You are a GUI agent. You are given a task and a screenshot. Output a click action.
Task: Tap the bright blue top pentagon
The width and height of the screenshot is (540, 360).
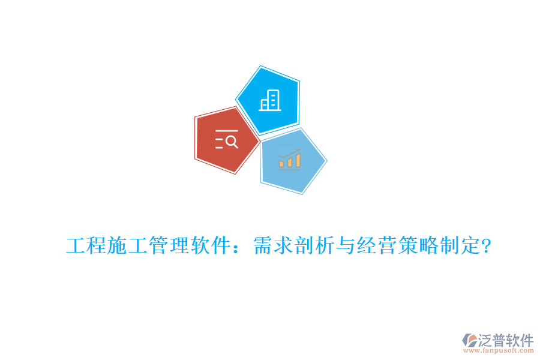268,100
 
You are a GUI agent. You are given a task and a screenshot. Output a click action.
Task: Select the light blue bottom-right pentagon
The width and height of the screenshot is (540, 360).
292,161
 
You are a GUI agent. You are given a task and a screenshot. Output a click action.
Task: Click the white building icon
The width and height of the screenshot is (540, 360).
270,100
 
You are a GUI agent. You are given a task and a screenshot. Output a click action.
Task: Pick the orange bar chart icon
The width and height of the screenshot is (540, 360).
290,160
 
